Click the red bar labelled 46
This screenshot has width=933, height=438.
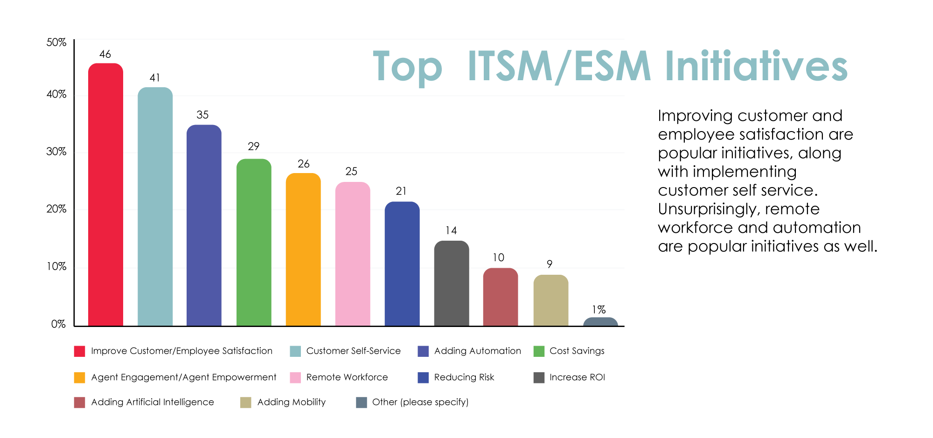pos(105,196)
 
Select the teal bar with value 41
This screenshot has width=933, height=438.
pos(155,208)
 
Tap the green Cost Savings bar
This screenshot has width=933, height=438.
pos(254,243)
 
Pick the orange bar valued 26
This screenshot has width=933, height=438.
pos(303,250)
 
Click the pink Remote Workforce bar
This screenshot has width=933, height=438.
pos(353,254)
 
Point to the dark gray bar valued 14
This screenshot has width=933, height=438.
pos(451,284)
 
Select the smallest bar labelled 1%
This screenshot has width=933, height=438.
pos(600,322)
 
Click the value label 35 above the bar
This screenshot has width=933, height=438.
pos(202,115)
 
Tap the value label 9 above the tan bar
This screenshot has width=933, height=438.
pos(550,264)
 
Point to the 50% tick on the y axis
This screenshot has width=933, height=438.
pos(56,43)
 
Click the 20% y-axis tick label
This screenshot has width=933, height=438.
pos(56,209)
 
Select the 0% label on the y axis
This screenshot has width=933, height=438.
pos(58,324)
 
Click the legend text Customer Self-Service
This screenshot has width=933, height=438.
pos(353,351)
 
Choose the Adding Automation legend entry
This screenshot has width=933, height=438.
pos(477,351)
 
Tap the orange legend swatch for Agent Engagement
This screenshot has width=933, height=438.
pos(80,377)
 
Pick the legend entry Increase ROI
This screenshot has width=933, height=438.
pos(577,377)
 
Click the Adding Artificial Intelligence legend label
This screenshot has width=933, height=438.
pos(153,402)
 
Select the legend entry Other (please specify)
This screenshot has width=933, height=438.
pos(420,402)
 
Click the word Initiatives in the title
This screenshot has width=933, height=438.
pos(756,67)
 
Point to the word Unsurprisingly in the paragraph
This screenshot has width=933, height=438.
pos(709,209)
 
